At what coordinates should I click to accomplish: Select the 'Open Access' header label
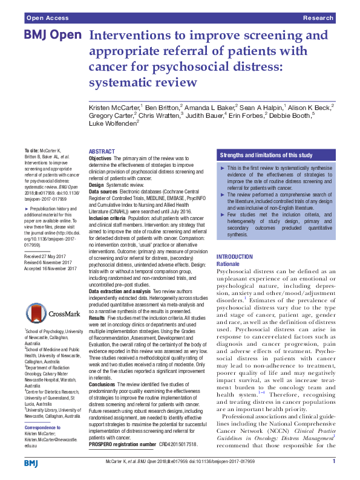pos(45,19)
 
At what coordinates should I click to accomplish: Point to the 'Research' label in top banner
pos(318,19)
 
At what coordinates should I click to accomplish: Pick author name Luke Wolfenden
pos(112,123)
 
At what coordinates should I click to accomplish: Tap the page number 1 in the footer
pos(333,462)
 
